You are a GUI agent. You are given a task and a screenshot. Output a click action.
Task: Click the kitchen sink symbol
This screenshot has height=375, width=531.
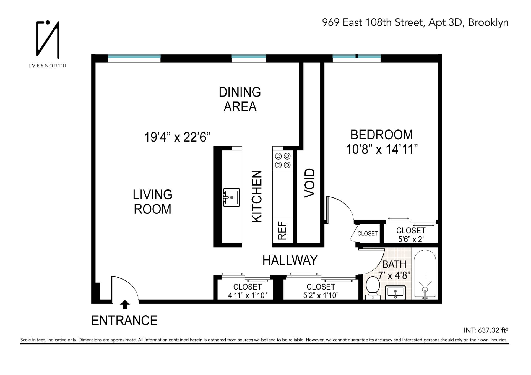click(231, 197)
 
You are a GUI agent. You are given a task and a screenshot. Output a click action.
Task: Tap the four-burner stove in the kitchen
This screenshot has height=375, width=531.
click(283, 160)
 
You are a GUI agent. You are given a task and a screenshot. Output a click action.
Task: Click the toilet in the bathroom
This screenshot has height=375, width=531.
click(373, 288)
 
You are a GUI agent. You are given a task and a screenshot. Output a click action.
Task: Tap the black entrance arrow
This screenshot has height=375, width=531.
click(125, 304)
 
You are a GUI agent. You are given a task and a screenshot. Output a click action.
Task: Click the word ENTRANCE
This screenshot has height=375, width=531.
click(124, 321)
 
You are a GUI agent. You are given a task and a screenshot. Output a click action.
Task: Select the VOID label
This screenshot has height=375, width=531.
click(310, 183)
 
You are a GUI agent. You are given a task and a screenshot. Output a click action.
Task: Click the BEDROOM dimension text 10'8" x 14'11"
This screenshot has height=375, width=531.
click(382, 150)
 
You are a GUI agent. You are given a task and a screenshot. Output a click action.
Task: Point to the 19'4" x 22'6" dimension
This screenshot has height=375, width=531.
click(177, 137)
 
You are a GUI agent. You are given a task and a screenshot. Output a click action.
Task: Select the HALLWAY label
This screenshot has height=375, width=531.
click(290, 260)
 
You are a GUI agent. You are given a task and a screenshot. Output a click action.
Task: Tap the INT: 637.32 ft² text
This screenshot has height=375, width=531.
click(486, 330)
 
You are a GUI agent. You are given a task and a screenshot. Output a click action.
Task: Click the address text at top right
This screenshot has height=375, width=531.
click(415, 22)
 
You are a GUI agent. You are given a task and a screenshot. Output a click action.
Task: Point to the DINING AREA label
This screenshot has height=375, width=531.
click(240, 99)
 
